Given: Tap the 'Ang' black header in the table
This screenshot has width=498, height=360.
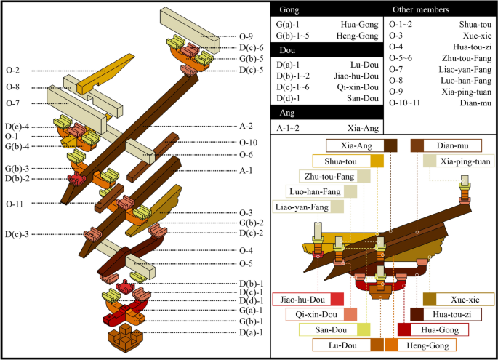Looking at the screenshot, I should [282, 113].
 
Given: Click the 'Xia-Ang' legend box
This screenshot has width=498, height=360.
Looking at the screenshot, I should [361, 145].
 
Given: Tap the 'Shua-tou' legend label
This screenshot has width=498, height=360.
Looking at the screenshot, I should [340, 161].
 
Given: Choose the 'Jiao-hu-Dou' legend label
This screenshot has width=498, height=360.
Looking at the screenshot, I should [301, 298].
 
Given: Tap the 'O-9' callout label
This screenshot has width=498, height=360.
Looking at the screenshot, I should [247, 34].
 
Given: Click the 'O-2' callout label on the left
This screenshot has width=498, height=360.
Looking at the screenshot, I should [12, 71].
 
